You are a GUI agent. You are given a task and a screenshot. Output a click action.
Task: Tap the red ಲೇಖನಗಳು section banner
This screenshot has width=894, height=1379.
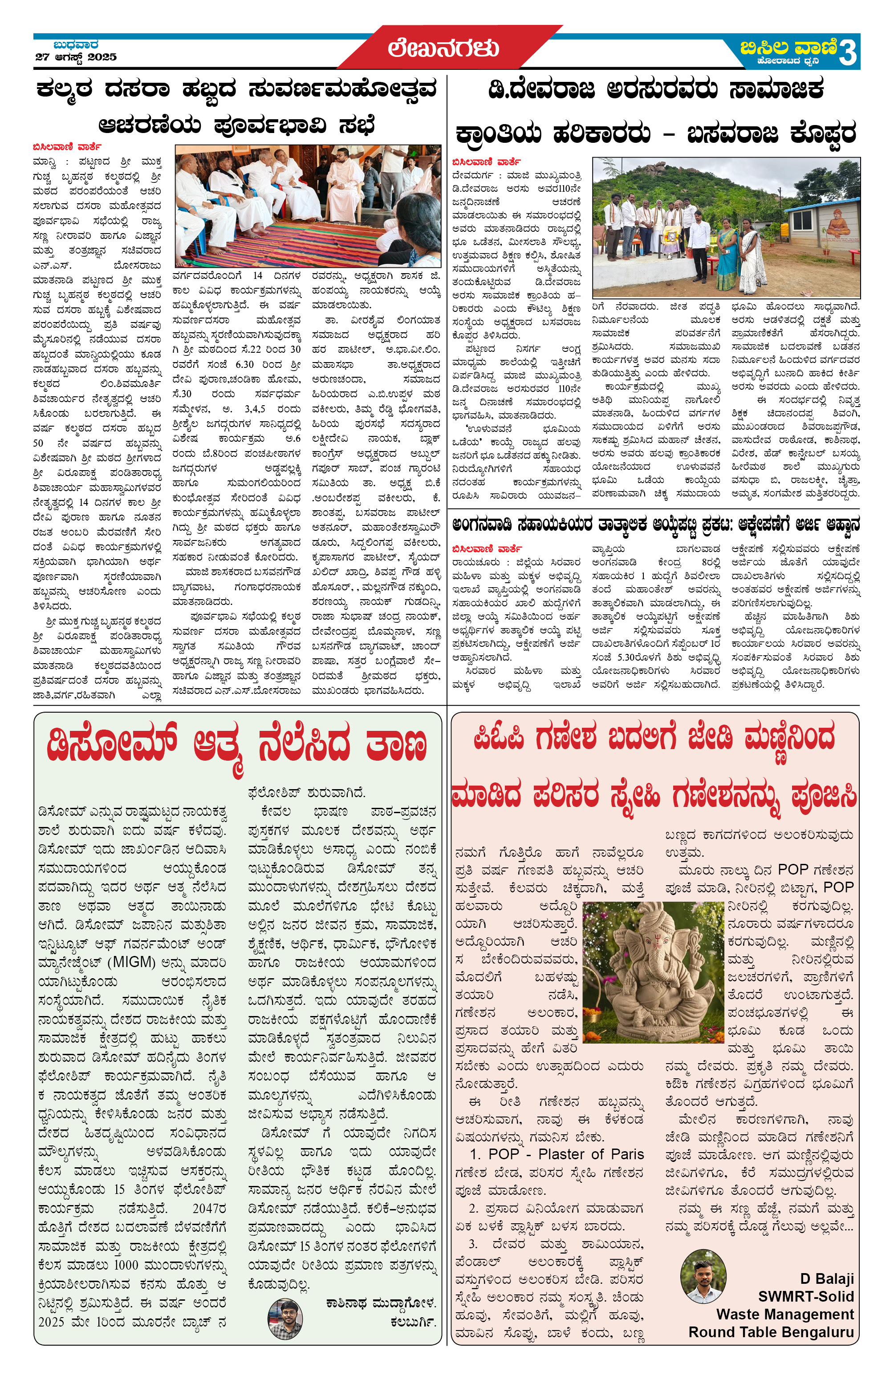pyautogui.click(x=443, y=48)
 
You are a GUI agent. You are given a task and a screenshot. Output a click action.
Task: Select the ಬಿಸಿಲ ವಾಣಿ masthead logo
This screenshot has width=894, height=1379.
pyautogui.click(x=788, y=48)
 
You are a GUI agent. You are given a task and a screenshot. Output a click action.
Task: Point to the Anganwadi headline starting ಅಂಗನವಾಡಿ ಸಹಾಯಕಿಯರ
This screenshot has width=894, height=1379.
pyautogui.click(x=655, y=525)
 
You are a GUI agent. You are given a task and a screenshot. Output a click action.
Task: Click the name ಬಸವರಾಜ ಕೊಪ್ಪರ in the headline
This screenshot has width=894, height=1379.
pyautogui.click(x=771, y=134)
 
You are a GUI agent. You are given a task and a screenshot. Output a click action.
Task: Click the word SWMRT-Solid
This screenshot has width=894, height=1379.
pyautogui.click(x=806, y=1296)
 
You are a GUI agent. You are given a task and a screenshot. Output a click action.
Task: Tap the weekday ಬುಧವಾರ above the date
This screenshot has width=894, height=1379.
pyautogui.click(x=76, y=44)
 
